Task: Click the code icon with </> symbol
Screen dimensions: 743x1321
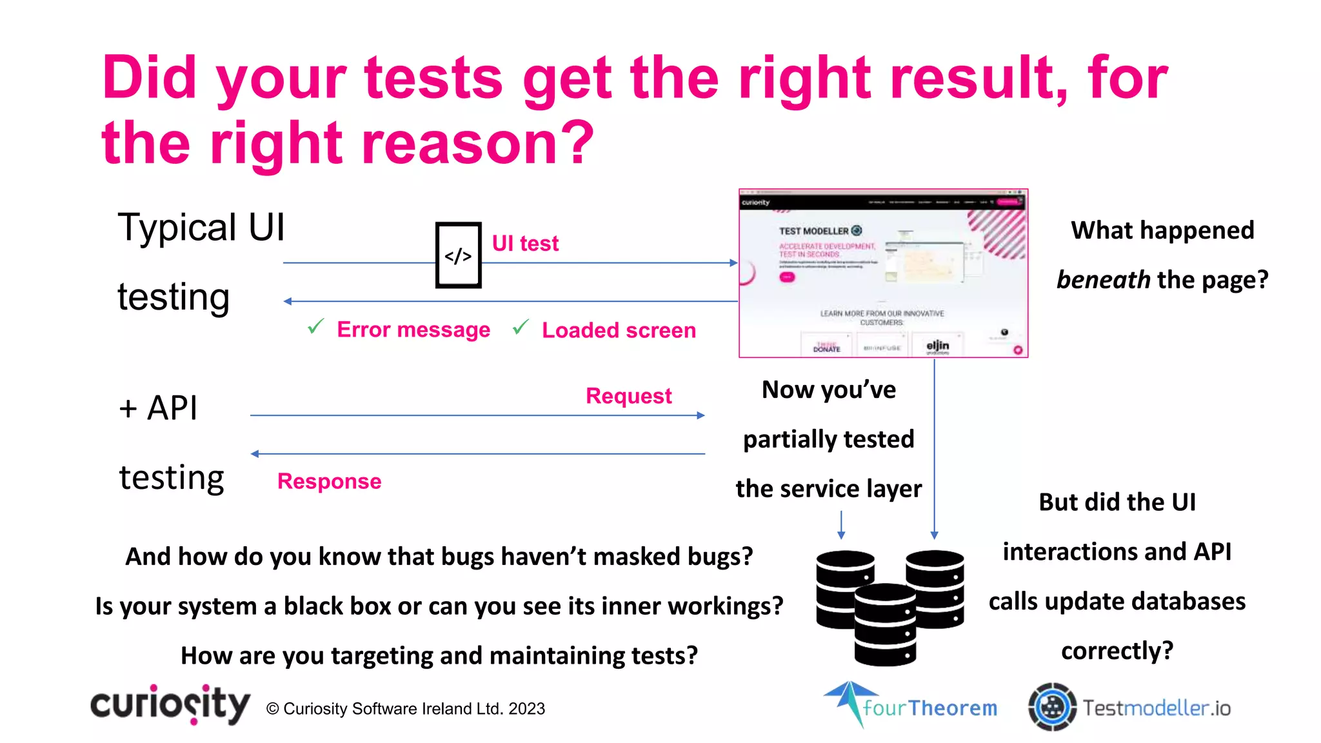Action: (x=458, y=255)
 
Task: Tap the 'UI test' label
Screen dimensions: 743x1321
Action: (x=525, y=244)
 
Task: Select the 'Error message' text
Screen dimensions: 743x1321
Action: (x=413, y=330)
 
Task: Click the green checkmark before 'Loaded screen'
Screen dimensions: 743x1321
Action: (x=521, y=328)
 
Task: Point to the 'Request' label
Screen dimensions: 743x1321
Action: (x=628, y=395)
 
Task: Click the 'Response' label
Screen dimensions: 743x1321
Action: (x=329, y=481)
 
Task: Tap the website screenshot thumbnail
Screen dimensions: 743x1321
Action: (x=883, y=273)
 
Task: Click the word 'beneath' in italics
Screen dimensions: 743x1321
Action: (x=1103, y=280)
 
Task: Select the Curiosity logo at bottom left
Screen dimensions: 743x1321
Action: (x=170, y=704)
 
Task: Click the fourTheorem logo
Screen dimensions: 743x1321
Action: (x=911, y=705)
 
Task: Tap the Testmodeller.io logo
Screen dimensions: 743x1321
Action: (x=1129, y=708)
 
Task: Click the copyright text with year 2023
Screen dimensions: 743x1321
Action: (x=406, y=709)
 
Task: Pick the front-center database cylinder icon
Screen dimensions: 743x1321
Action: (x=885, y=624)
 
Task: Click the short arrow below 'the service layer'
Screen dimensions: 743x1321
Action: (x=841, y=525)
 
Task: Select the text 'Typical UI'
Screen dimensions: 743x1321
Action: (x=201, y=228)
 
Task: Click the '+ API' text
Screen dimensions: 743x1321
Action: (x=159, y=408)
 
